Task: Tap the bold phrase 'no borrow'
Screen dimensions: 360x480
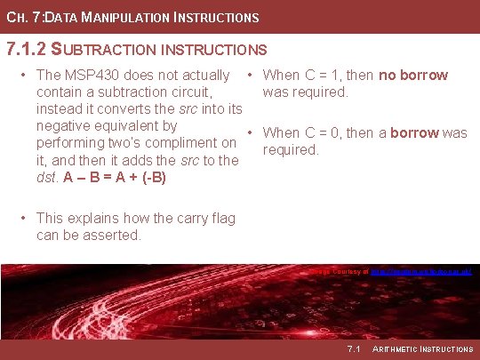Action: [x=413, y=76]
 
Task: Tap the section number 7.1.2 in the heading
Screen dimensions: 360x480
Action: [x=26, y=49]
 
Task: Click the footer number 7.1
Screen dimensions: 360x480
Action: [x=354, y=348]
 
